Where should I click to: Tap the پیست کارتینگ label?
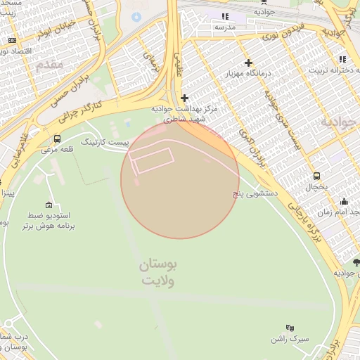click(105, 142)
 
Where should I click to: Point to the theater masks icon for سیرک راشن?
click(290, 328)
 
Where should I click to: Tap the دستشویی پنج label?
click(257, 191)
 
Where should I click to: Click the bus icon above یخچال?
click(317, 176)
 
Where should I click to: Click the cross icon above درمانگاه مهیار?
click(248, 63)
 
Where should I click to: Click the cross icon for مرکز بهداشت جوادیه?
click(184, 98)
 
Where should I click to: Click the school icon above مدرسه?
click(225, 16)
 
